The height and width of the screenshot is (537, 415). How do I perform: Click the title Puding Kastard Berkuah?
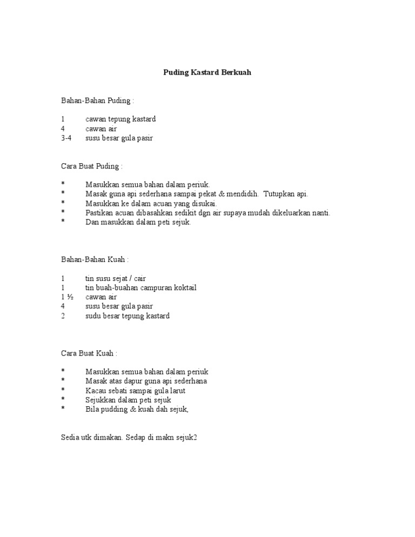[x=207, y=72]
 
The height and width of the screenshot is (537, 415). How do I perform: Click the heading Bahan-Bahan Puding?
[x=97, y=100]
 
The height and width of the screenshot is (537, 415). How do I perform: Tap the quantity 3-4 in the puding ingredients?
[x=66, y=138]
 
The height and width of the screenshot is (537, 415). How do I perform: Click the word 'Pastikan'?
[x=99, y=213]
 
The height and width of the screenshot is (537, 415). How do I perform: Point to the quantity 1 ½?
[x=66, y=297]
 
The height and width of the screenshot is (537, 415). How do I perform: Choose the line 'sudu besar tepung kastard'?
[x=128, y=316]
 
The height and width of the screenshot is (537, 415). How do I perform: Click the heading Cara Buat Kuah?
[x=89, y=353]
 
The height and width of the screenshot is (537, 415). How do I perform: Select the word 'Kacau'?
[x=96, y=391]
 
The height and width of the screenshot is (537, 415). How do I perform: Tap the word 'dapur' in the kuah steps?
[x=135, y=381]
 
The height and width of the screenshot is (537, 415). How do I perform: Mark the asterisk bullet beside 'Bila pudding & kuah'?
[x=63, y=410]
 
